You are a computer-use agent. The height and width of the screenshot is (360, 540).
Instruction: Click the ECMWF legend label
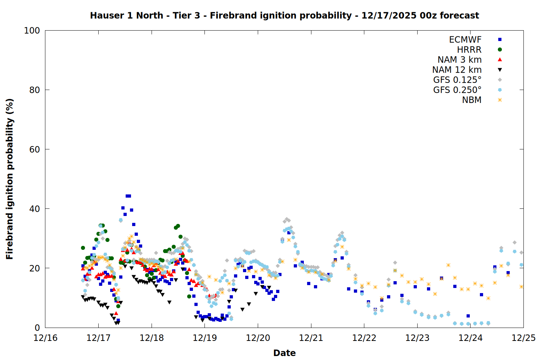[x=465, y=40]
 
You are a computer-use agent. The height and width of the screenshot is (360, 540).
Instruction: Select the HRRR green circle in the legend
[x=500, y=50]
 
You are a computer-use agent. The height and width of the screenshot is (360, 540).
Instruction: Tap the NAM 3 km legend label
[x=459, y=60]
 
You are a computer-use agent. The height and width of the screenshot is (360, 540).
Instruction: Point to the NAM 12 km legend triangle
[x=500, y=70]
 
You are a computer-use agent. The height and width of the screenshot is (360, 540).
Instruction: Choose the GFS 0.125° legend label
[x=457, y=80]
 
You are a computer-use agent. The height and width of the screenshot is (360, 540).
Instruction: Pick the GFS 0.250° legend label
[x=457, y=90]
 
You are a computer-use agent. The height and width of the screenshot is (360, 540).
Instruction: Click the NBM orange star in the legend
[x=500, y=100]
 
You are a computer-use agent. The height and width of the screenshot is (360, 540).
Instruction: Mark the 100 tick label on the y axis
[x=32, y=31]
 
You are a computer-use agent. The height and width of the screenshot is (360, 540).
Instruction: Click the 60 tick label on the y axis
[x=35, y=149]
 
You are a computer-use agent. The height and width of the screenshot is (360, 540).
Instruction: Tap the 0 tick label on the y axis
[x=37, y=328]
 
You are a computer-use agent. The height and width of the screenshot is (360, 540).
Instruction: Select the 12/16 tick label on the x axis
[x=45, y=338]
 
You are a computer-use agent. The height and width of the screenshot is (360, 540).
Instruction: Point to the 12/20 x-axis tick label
[x=258, y=338]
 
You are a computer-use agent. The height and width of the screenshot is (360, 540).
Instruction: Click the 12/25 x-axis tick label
[x=523, y=338]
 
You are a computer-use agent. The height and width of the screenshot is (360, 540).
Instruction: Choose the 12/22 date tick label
[x=364, y=338]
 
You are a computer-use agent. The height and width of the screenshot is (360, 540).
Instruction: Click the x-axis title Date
[x=284, y=353]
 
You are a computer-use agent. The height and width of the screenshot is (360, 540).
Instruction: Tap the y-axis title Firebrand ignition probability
[x=10, y=179]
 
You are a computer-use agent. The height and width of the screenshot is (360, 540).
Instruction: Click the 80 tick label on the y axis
[x=35, y=90]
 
